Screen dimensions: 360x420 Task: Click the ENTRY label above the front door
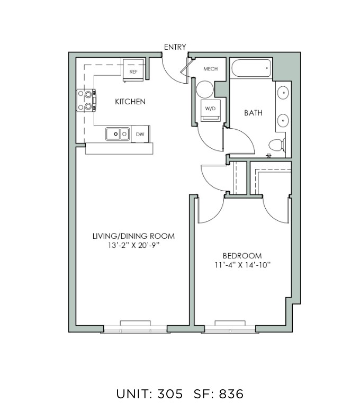[x=175, y=47]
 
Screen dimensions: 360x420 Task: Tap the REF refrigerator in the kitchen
[x=133, y=70]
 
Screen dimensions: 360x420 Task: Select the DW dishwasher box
[x=140, y=134]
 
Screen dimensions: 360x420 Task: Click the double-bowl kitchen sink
[x=118, y=134]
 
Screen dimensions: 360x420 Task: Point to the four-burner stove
[x=86, y=101]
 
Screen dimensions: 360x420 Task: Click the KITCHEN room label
[x=130, y=102]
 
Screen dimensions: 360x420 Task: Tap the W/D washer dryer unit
[x=210, y=110]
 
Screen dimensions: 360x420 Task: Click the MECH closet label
[x=210, y=69]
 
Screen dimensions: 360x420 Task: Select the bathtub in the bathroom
[x=251, y=68]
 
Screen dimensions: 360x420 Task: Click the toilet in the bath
[x=277, y=145]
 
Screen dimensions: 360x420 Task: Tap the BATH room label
[x=253, y=113]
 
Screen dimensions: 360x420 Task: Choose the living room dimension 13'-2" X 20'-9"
[x=133, y=245]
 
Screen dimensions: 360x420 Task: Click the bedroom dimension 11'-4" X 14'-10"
[x=242, y=265]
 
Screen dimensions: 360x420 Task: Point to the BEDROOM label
[x=242, y=256]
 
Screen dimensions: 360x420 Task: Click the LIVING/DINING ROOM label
[x=133, y=236]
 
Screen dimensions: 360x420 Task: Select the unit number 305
[x=170, y=394]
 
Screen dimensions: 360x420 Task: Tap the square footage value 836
[x=231, y=394]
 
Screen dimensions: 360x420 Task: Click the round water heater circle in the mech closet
[x=205, y=90]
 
